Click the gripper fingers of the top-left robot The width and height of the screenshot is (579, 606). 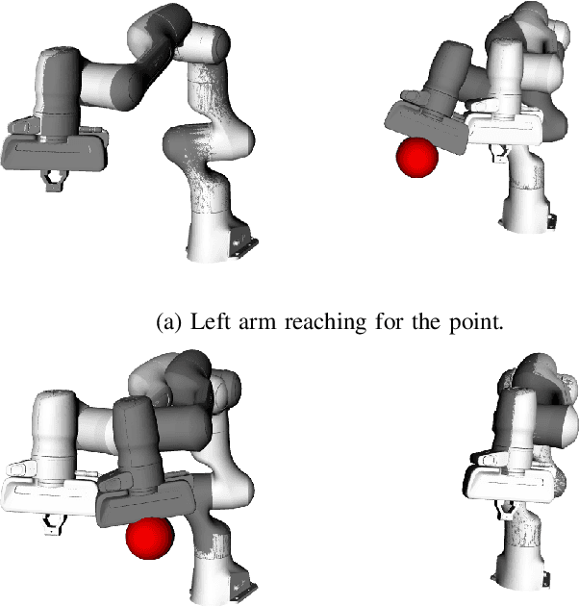click(53, 179)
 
